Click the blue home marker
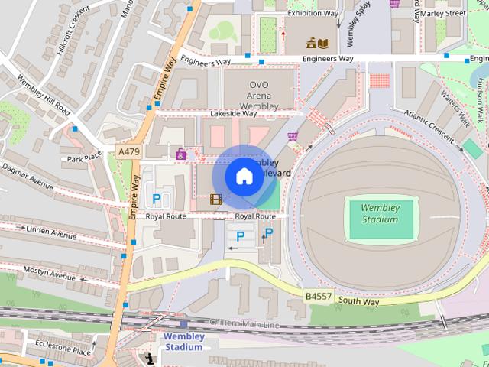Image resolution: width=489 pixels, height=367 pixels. coord(244,177)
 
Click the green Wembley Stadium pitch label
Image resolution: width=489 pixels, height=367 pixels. coord(380,213)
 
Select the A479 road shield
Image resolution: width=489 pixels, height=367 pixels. coord(129,152)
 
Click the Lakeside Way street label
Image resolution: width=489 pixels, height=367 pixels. coord(234,113)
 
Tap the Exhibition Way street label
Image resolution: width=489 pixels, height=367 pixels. coord(312,13)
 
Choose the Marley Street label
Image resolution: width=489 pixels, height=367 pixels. coord(444,13)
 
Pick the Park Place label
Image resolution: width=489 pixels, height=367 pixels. coord(84,159)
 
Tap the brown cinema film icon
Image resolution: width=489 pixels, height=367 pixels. coord(216,200)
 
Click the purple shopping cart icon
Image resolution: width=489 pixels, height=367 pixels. coord(293,136)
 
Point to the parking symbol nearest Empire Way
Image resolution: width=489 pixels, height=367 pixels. coord(157,200)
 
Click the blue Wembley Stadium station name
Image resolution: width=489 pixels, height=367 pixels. coord(183,341)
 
